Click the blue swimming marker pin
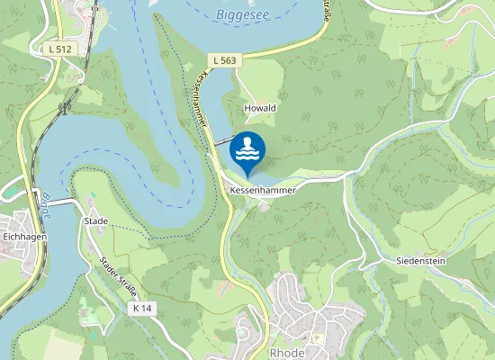pos(247,150)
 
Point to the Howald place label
pos(260,107)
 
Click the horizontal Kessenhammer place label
pos(262,191)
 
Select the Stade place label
pos(95,220)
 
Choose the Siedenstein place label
pos(420,260)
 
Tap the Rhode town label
pos(287,353)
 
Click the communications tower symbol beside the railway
pos(64,107)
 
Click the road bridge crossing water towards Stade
pos(59,202)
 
